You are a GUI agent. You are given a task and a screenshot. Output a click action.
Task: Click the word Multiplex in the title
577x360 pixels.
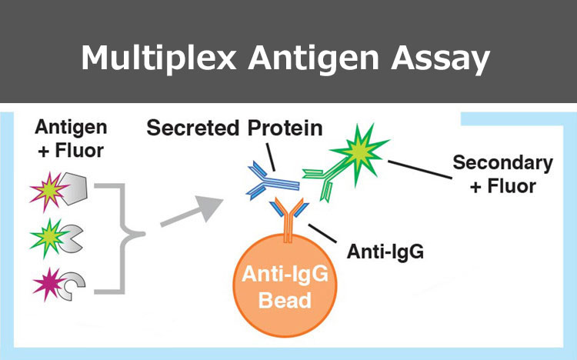158,58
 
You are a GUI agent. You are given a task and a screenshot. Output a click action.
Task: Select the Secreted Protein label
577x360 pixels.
235,128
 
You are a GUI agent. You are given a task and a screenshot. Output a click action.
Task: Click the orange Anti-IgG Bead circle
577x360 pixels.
285,285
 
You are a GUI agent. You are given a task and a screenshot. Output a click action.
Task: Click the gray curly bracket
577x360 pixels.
120,238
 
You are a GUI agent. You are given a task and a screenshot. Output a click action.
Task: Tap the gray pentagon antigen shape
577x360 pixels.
74,188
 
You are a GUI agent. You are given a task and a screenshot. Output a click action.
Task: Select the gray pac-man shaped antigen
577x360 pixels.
71,238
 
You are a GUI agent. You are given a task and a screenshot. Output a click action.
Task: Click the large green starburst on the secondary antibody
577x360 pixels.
360,153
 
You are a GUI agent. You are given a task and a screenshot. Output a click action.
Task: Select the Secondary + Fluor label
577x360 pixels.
502,174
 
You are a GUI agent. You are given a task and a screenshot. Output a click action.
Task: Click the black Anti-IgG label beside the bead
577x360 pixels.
385,252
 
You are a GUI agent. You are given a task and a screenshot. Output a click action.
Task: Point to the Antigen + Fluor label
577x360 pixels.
71,138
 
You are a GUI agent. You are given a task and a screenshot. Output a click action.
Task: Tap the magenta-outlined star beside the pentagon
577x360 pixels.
49,191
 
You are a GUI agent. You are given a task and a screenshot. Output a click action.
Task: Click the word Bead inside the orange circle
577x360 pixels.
285,300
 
